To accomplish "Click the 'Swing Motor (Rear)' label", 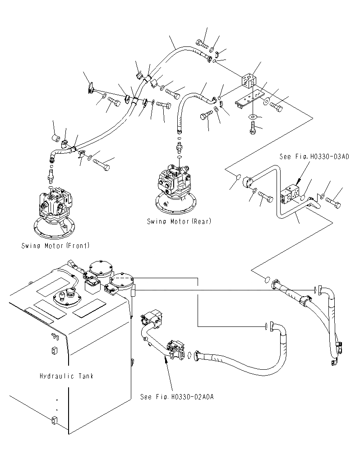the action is (x=179, y=221).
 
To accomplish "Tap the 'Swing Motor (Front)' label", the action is (x=55, y=246).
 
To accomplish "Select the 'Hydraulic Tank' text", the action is (x=67, y=376).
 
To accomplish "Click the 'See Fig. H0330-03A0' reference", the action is (x=314, y=157).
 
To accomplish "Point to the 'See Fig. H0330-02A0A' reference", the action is (x=177, y=397).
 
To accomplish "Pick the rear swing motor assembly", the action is (x=176, y=189).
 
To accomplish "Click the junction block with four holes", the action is (x=249, y=81).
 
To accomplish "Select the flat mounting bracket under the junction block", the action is (x=249, y=99).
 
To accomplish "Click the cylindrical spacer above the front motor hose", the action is (x=56, y=138).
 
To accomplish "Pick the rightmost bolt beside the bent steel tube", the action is (x=333, y=202).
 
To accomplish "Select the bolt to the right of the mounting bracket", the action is (x=276, y=106).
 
